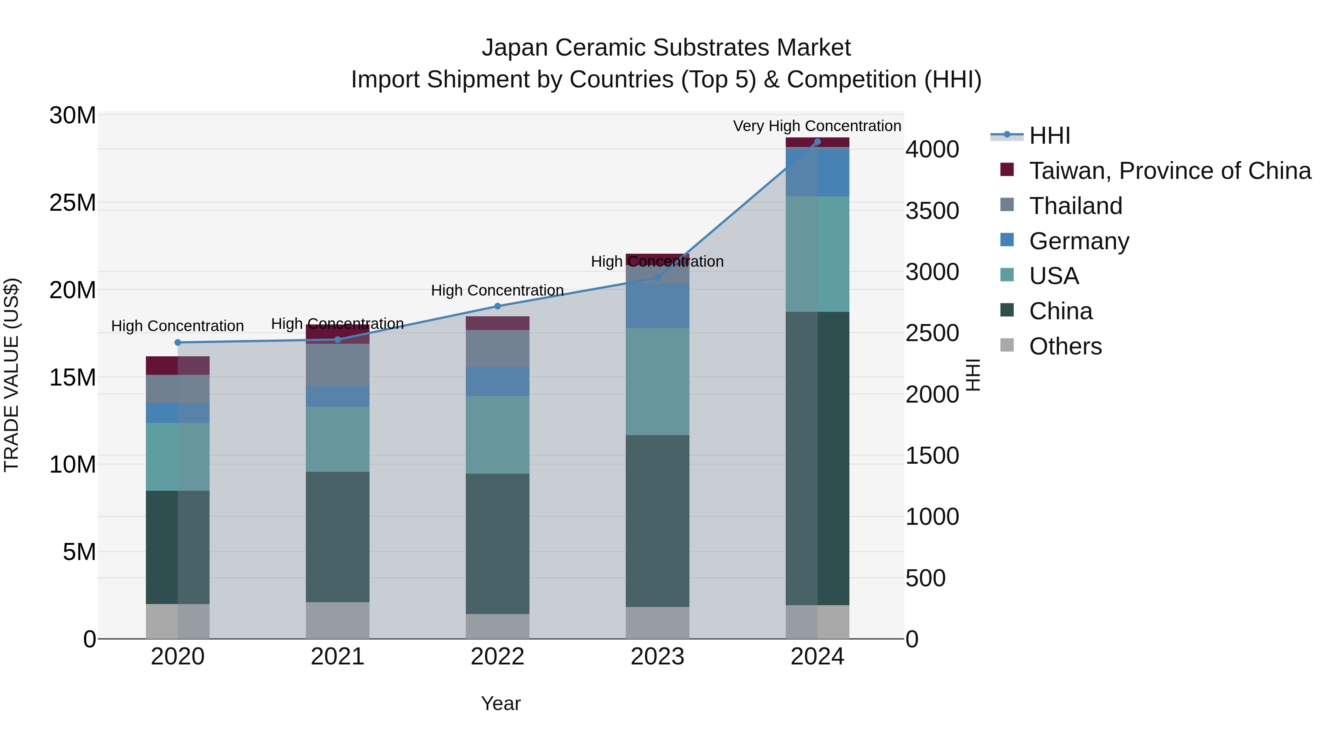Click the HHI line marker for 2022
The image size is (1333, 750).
tap(497, 306)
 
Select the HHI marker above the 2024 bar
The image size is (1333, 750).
tap(817, 142)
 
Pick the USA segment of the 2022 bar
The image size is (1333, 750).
tap(497, 434)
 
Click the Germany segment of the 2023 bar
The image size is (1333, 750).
tap(657, 306)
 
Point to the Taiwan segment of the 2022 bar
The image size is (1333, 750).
tap(497, 323)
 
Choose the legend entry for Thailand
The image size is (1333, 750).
tap(1075, 206)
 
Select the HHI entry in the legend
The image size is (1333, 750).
tap(1049, 136)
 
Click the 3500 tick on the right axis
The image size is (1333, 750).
tap(932, 211)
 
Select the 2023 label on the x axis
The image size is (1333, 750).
tap(657, 657)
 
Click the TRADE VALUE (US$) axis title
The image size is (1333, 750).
tap(12, 375)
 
